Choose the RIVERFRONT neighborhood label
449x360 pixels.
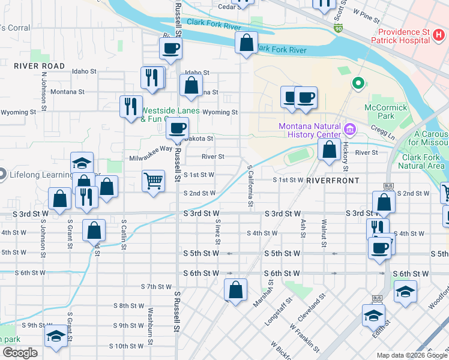pyautogui.click(x=333, y=180)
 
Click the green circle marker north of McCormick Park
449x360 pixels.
pyautogui.click(x=358, y=83)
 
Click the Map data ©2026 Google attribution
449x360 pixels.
pyautogui.click(x=411, y=355)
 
